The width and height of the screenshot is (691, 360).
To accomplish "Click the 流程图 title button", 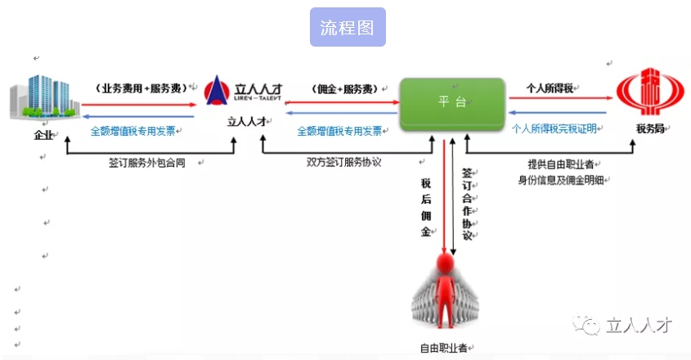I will pyautogui.click(x=348, y=27).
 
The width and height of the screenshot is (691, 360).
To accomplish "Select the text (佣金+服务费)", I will pyautogui.click(x=343, y=88).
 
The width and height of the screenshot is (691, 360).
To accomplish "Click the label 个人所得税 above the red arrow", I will pyautogui.click(x=549, y=87).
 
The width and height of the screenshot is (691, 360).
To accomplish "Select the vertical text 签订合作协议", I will pyautogui.click(x=467, y=205).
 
